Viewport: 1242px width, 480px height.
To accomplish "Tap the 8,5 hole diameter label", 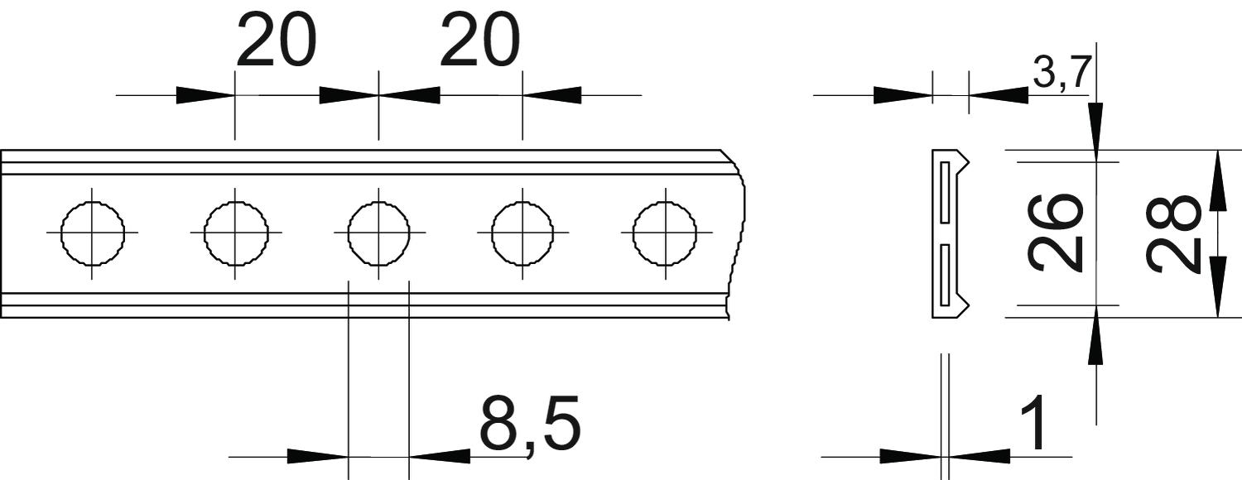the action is (531, 424).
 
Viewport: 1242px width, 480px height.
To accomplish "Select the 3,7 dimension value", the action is (1062, 72).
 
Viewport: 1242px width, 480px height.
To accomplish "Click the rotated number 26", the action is (1056, 233).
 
